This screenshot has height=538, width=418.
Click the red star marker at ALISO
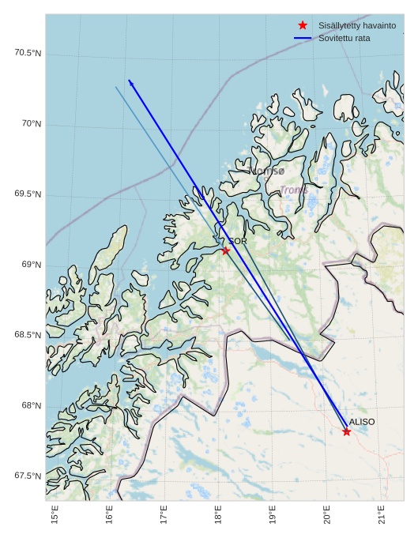point(347,431)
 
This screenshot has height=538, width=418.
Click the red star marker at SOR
point(226,250)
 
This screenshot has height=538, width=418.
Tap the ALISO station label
point(362,422)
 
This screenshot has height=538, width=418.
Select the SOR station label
point(238,241)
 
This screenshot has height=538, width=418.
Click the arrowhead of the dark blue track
point(130,82)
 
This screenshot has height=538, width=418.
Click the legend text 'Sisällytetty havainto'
point(357,26)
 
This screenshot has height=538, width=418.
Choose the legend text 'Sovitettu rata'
point(344,38)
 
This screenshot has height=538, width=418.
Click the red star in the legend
point(303,26)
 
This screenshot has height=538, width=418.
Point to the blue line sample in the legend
point(303,38)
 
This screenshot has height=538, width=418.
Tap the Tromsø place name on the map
point(266,170)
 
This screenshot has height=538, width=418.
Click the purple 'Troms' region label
point(294,190)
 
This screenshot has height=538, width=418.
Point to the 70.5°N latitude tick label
point(28,53)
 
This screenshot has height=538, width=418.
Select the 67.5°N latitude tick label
point(28,476)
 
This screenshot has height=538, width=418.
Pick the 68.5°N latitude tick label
point(28,335)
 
